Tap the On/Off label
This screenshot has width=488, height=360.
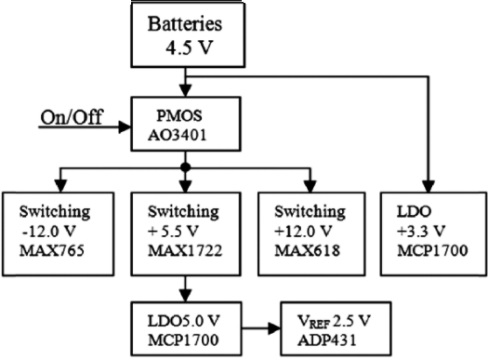pyautogui.click(x=71, y=117)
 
